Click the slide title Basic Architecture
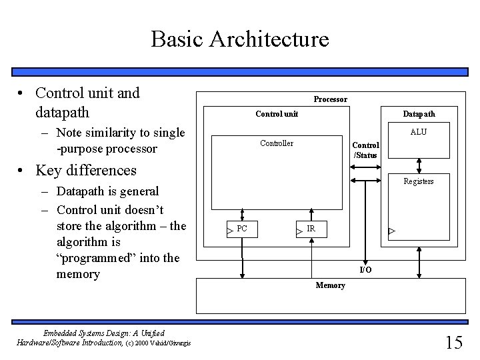pos(240,39)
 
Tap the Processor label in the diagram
pos(330,99)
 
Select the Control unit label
pos(277,114)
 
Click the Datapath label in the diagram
pos(419,114)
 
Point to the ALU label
pos(419,132)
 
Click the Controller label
pos(276,143)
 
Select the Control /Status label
pos(365,150)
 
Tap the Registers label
pos(419,181)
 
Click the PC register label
pos(242,229)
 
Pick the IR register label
pos(311,229)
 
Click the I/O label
pos(365,269)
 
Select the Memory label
pos(330,285)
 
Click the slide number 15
pos(453,343)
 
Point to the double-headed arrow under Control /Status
pos(365,167)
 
